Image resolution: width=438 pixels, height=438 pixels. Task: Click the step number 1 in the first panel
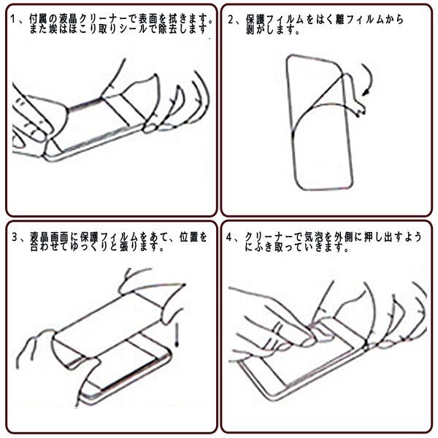point(12,19)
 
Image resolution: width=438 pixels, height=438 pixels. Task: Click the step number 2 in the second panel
point(231,20)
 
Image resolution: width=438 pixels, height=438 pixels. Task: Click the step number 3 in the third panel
point(15,237)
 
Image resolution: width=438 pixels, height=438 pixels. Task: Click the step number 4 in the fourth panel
point(229,237)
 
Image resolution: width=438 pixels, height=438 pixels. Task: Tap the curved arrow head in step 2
point(366,92)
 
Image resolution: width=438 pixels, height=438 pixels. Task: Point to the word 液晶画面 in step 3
point(49,237)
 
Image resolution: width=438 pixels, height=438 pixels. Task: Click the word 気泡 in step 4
point(313,237)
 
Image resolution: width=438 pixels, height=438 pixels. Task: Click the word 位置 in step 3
point(189,237)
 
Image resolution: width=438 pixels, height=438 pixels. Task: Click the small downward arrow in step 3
point(177,335)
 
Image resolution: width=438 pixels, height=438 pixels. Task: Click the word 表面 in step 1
point(148,19)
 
